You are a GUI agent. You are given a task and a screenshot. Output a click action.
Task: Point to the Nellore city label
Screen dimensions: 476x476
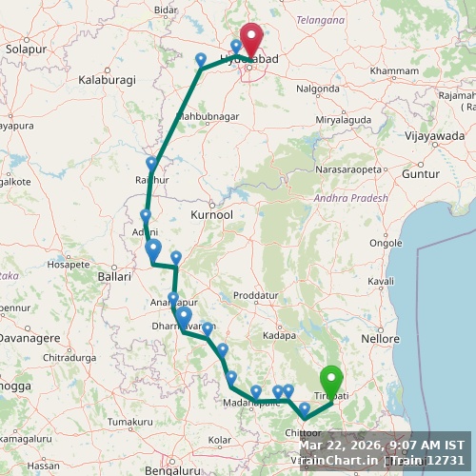(381, 338)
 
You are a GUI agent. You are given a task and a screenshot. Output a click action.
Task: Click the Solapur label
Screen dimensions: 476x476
(25, 48)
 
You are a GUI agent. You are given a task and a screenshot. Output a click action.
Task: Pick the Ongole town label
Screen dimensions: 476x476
(385, 243)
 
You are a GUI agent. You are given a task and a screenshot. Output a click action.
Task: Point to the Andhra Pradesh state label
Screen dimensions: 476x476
(351, 198)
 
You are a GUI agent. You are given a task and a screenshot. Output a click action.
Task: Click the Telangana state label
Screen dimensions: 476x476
(321, 19)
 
